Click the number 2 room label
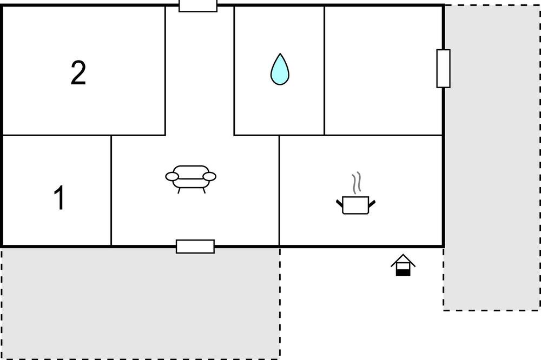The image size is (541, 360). click(78, 73)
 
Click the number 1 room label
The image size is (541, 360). click(60, 197)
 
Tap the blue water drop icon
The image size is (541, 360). click(280, 69)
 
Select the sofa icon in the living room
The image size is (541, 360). click(191, 179)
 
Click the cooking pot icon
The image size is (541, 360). click(356, 205)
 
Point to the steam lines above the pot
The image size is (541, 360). click(357, 182)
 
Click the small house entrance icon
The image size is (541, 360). click(403, 265)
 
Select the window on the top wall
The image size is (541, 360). click(198, 6)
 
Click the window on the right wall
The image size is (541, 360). click(444, 69)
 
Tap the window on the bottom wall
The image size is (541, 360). click(195, 246)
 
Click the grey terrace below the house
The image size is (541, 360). click(141, 303)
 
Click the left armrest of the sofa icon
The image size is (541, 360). click(172, 177)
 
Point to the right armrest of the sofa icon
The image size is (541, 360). click(209, 177)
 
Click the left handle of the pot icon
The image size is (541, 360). click(340, 203)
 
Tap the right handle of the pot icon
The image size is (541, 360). click(372, 203)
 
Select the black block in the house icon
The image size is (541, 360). click(403, 273)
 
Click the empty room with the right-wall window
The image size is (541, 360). click(384, 70)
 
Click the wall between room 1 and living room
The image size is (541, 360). click(111, 190)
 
